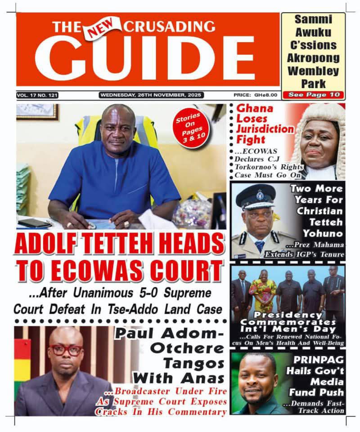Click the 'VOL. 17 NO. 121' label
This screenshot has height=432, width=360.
pyautogui.click(x=37, y=95)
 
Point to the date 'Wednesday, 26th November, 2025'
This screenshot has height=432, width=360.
pyautogui.click(x=151, y=95)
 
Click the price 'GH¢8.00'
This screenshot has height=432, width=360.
pyautogui.click(x=261, y=95)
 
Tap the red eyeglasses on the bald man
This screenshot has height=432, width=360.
pyautogui.click(x=66, y=350)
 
